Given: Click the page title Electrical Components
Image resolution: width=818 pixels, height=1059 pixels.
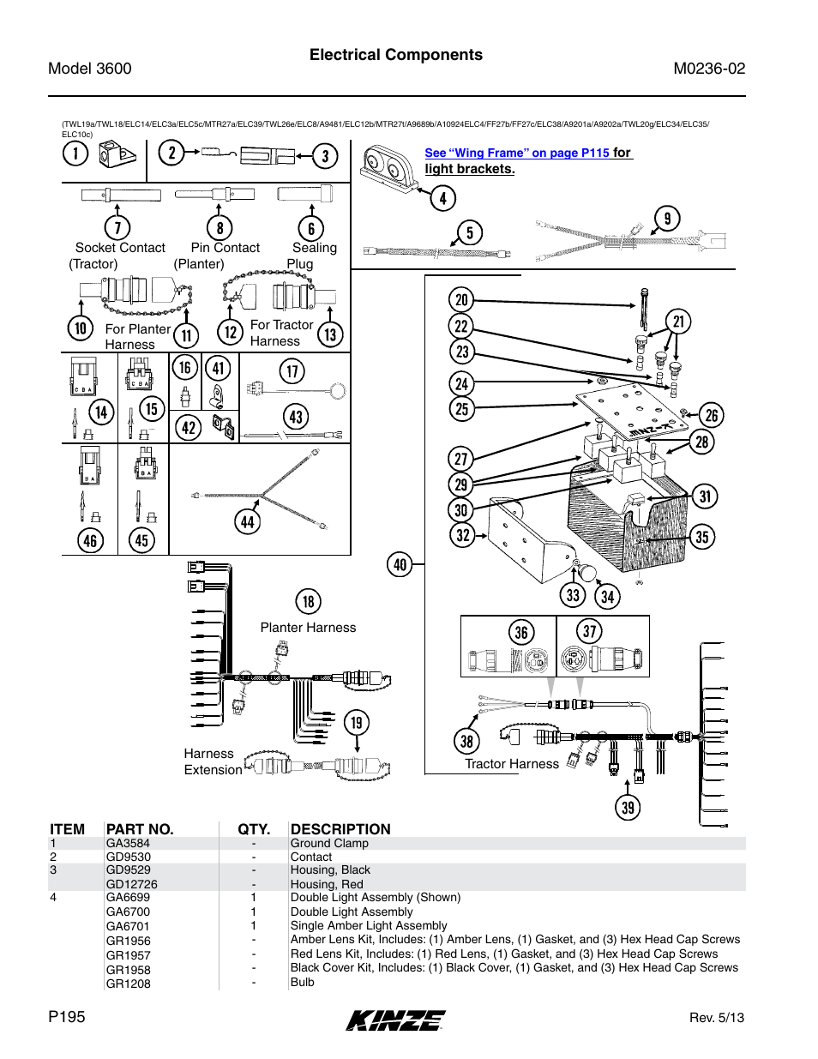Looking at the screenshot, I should coord(395,55).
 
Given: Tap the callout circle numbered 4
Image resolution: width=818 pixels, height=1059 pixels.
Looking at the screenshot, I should coord(442,199).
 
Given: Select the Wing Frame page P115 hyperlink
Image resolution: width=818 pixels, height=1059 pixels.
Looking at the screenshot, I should coord(516,153).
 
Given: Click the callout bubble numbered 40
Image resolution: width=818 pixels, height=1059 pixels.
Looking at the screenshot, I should coord(400,564).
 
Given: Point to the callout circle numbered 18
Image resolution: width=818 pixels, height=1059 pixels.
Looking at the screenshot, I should coord(308,601).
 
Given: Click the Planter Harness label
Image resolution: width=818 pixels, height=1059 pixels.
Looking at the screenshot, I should coord(308,628).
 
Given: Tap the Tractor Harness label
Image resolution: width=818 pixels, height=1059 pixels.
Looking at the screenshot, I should coord(511,764).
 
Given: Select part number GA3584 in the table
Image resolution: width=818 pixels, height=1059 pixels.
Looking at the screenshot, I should coord(128,843).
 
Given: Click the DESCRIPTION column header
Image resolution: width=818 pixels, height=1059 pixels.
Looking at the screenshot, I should coord(340,829).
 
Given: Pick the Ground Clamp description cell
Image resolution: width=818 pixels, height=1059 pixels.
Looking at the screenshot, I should coord(329,843).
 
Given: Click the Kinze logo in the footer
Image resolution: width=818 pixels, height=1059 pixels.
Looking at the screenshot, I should coord(395,1020).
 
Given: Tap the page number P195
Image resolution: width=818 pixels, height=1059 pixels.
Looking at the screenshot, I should coord(67,1017).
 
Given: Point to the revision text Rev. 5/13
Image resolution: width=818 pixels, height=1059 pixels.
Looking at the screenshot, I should coord(716,1018).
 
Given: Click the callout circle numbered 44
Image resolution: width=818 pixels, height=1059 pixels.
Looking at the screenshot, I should coord(247,521).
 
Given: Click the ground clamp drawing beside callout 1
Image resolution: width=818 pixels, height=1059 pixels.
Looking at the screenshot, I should coord(116,155).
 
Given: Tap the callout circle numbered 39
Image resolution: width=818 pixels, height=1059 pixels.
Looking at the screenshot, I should coord(628,807).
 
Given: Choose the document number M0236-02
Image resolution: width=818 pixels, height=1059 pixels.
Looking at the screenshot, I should coord(709,69).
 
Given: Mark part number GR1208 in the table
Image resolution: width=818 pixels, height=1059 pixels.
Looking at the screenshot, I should coord(128,984).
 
